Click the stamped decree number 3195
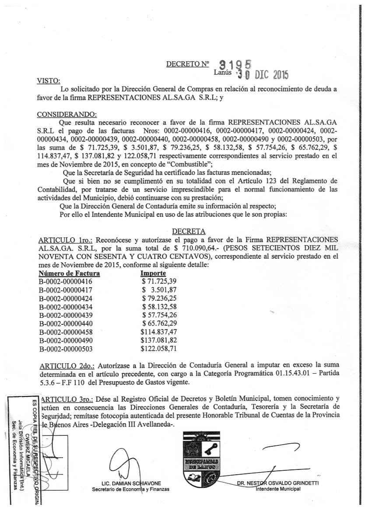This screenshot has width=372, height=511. pyautogui.click(x=235, y=65)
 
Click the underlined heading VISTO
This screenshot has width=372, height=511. pyautogui.click(x=49, y=81)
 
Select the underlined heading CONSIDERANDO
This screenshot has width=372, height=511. pyautogui.click(x=67, y=115)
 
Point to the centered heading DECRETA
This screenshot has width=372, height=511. pyautogui.click(x=189, y=231)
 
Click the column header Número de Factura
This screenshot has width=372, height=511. pyautogui.click(x=69, y=274)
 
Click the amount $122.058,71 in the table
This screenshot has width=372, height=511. pyautogui.click(x=158, y=349)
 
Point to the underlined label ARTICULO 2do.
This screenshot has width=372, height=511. pyautogui.click(x=67, y=365)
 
